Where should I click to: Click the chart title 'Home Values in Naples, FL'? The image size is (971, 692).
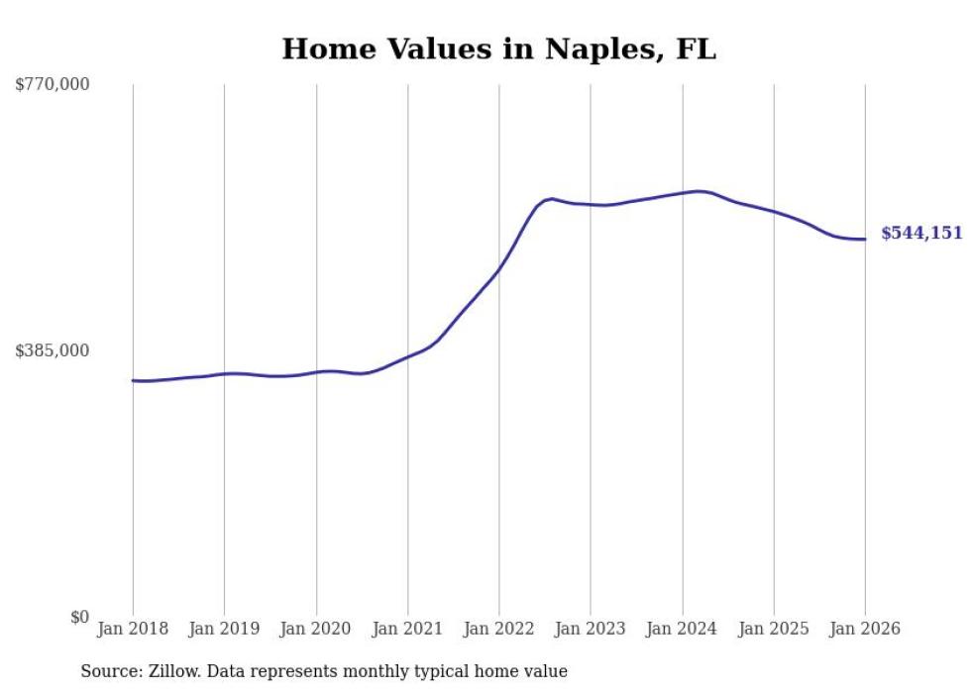498,49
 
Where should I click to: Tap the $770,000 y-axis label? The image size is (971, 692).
53,85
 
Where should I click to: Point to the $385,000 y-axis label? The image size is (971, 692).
53,350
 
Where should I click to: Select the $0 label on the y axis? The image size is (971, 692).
79,618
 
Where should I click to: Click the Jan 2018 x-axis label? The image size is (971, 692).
133,630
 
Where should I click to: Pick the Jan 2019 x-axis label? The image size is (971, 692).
225,630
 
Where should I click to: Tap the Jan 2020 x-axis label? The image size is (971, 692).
316,630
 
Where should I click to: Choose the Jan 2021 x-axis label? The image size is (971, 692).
408,630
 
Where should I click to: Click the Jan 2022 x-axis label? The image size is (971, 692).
499,630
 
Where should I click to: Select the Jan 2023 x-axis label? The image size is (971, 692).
591,630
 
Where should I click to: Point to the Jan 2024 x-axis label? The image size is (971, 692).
683,630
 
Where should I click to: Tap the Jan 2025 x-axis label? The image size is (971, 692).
774,630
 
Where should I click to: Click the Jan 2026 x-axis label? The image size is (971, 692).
865,630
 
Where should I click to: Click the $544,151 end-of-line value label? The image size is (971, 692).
921,234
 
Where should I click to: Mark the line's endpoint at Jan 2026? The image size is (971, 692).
865,239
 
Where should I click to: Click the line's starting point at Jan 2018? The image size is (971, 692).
133,380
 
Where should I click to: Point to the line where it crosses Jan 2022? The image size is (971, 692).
499,267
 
